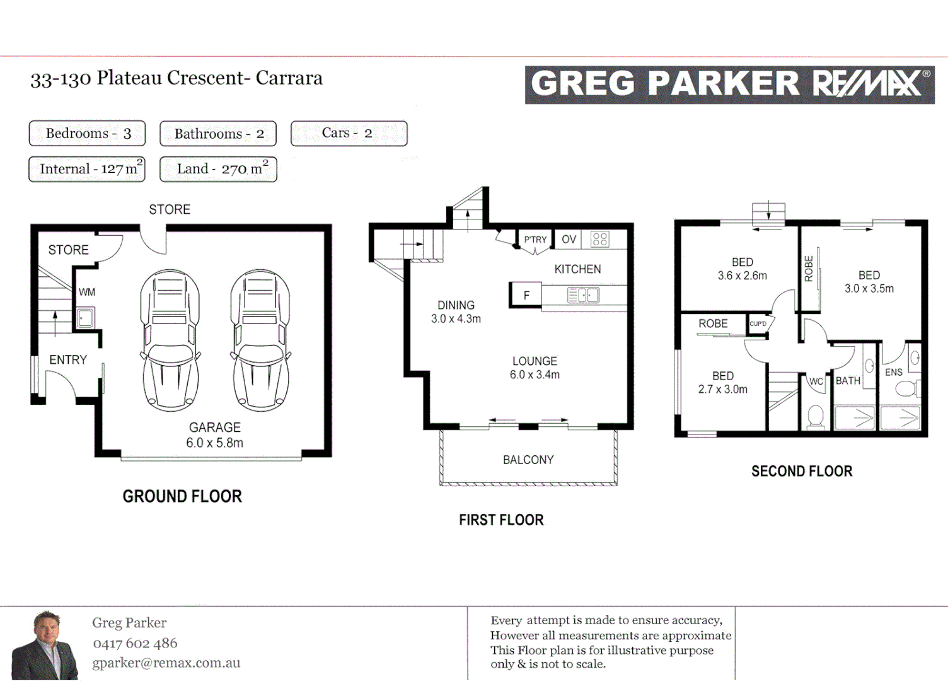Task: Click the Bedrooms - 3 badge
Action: coord(87,134)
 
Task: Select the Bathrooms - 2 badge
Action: coord(218,134)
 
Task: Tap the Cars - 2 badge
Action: coord(349,133)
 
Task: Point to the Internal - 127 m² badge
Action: coord(87,169)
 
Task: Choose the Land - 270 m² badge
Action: coord(218,169)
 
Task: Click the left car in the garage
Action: coord(170,340)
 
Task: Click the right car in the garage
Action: coord(260,340)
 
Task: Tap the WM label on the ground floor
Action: coord(87,292)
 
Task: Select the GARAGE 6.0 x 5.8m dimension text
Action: coord(214,443)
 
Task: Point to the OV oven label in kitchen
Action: coord(569,240)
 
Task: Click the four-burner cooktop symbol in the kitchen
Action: coord(599,240)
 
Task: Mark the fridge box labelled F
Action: coord(526,295)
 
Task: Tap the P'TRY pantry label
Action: coord(535,240)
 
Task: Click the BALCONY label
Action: coord(528,460)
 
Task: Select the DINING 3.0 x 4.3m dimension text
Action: coord(456,318)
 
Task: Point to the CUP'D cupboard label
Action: coord(758,323)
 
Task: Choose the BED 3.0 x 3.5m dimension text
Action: coord(869,288)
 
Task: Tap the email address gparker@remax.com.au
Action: coord(166,663)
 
